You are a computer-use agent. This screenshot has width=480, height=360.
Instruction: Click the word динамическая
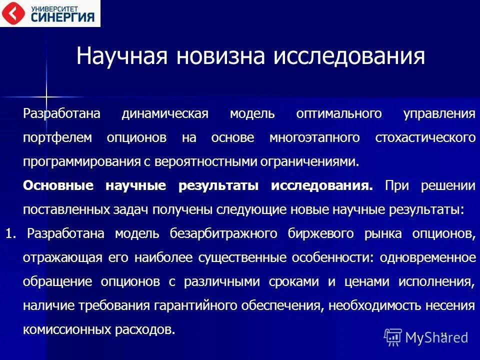pyautogui.click(x=164, y=113)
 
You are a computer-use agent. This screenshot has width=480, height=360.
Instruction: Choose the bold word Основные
pyautogui.click(x=58, y=186)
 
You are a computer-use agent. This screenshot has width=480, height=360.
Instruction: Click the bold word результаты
pyautogui.click(x=218, y=186)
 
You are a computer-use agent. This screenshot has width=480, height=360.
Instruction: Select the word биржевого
pyautogui.click(x=315, y=234)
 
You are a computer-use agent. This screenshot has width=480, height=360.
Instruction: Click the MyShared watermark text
pyautogui.click(x=436, y=337)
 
